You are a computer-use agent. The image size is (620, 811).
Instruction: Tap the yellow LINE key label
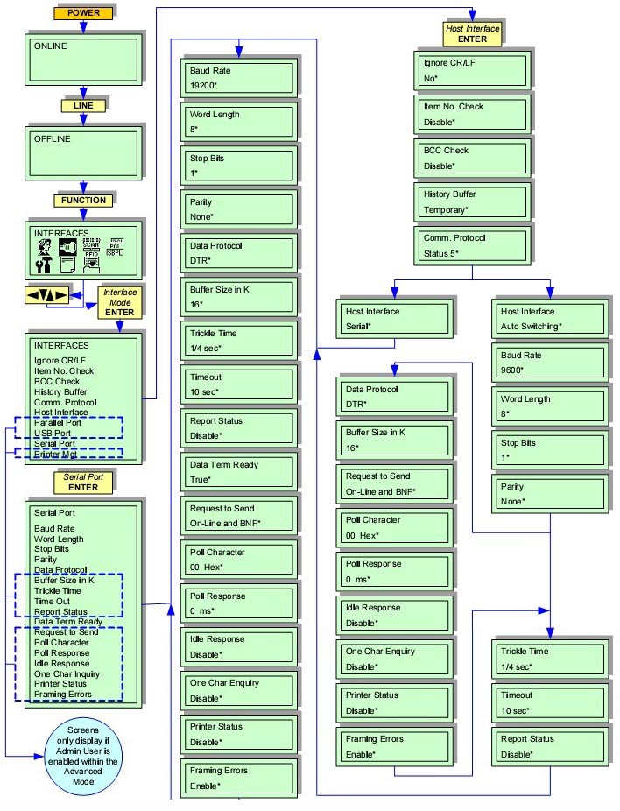coord(83,106)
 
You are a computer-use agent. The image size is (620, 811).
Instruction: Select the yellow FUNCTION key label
coord(83,201)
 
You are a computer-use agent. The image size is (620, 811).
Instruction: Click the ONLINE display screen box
coord(82,60)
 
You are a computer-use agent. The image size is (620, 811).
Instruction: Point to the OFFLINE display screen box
coord(82,154)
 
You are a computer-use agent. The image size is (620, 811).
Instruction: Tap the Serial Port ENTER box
coord(83,482)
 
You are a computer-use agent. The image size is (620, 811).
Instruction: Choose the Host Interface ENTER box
coord(472,33)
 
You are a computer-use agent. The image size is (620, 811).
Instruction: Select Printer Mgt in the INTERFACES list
coord(56,454)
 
